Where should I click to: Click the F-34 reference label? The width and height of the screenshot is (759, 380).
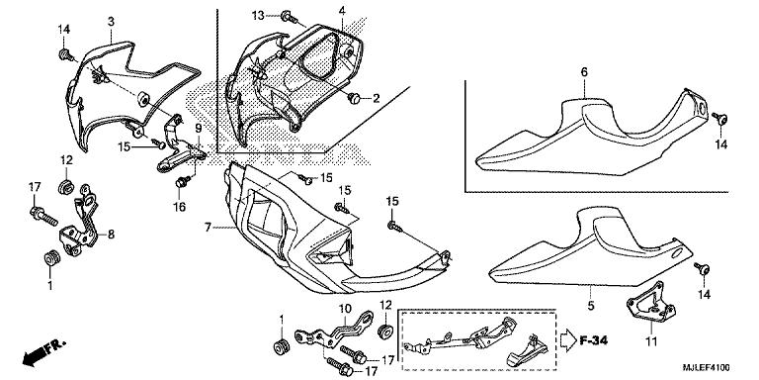tap(593, 340)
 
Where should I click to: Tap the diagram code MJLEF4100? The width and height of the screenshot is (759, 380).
tap(707, 369)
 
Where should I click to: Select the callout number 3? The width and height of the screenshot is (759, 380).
tap(111, 22)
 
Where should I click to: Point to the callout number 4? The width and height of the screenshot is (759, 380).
tap(342, 11)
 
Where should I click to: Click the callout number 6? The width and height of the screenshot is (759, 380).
tap(584, 72)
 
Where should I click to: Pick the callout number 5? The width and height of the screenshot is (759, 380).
tap(591, 306)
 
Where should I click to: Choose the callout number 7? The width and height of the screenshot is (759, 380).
tap(208, 228)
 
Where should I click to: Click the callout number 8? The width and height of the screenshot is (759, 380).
tap(111, 235)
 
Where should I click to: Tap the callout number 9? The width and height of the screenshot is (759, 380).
tap(198, 129)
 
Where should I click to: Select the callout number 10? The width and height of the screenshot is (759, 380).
tap(344, 308)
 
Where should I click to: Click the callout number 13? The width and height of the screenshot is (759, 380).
tap(258, 16)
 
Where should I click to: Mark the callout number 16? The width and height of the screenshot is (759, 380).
tap(180, 207)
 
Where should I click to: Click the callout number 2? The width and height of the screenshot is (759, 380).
tap(377, 99)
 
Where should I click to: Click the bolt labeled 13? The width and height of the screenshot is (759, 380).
tap(289, 18)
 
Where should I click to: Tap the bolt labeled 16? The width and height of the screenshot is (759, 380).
tap(183, 182)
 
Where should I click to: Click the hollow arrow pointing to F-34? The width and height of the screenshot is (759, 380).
tap(568, 340)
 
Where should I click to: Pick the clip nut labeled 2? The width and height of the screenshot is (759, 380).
tap(355, 98)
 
